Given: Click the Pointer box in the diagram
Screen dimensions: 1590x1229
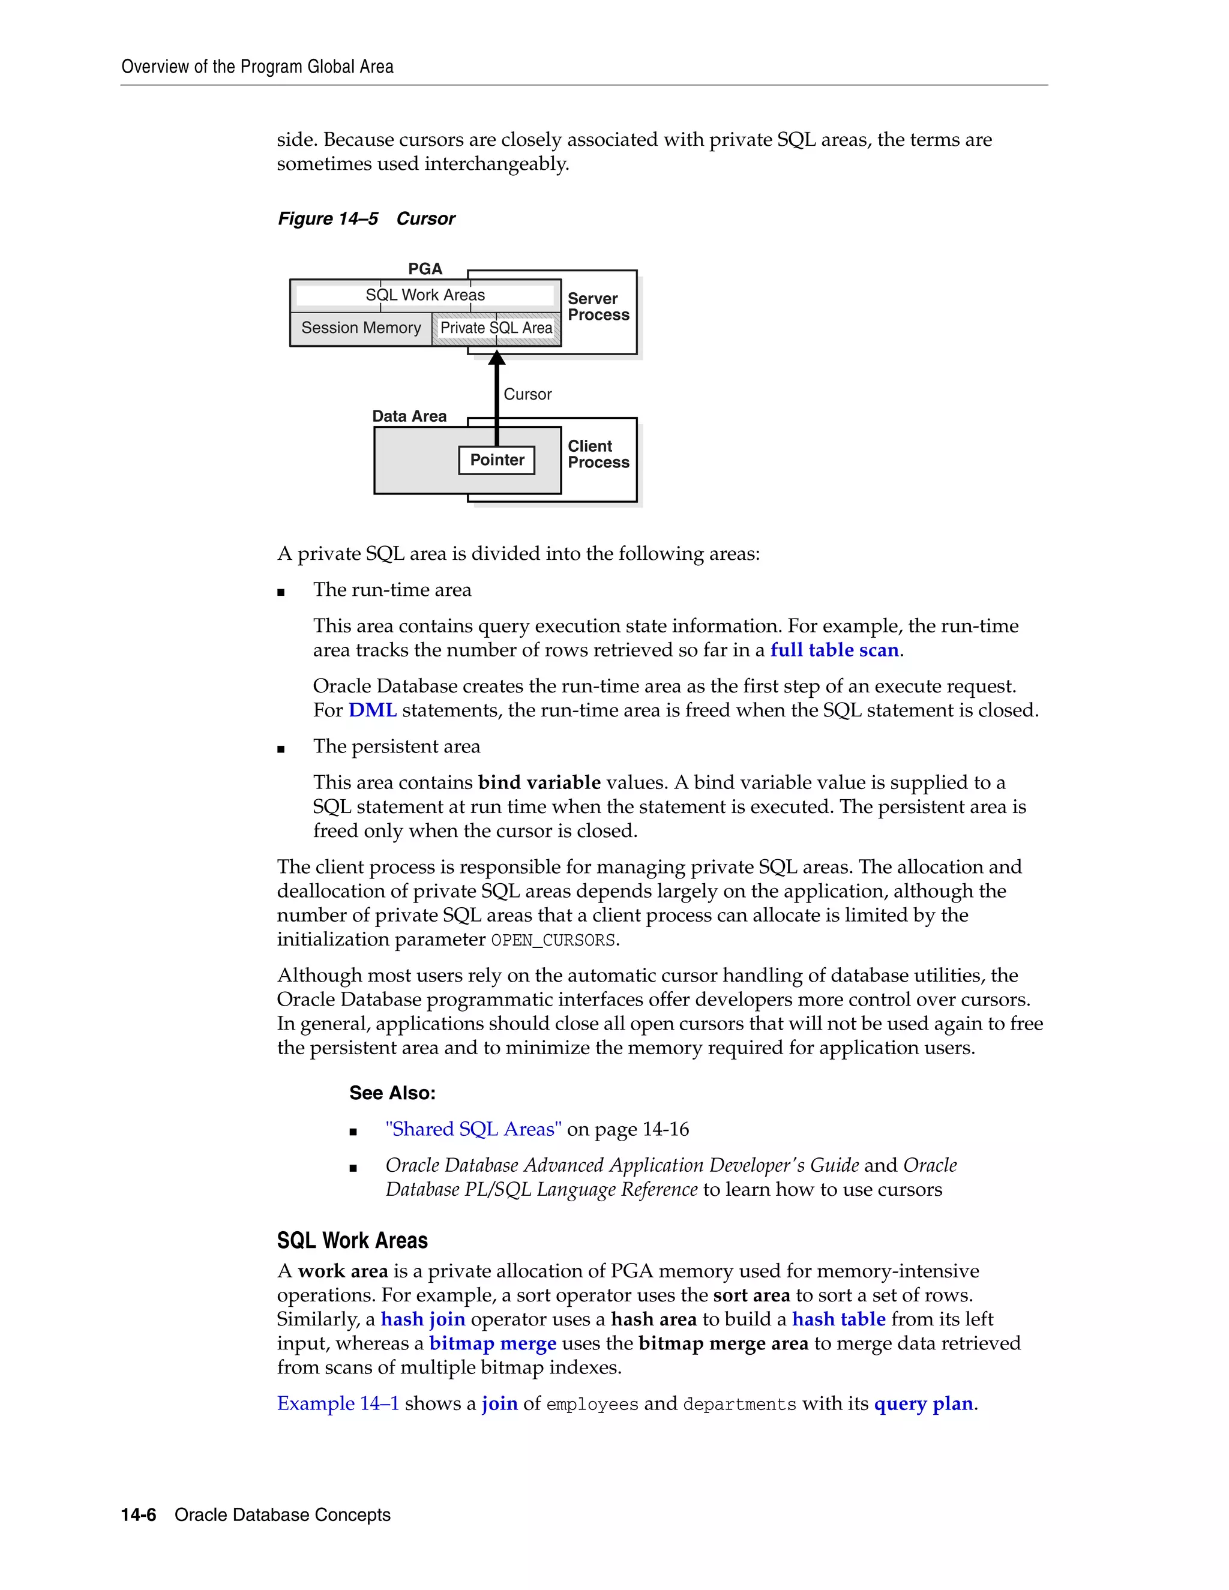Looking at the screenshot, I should click(x=496, y=460).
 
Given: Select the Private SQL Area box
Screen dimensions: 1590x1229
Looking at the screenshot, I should click(x=496, y=328).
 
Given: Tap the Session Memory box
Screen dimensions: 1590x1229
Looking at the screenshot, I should click(x=361, y=328).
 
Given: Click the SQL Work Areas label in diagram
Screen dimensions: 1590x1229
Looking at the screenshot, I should click(x=425, y=295).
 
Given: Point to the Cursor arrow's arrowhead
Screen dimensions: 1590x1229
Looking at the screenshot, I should click(x=496, y=358).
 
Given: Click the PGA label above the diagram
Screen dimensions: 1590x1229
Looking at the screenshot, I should click(x=425, y=269).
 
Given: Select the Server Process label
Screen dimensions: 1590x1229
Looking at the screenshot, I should click(x=598, y=307).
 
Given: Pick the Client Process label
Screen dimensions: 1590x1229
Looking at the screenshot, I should click(x=598, y=454).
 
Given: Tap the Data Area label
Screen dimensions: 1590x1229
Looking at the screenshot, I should click(x=409, y=416).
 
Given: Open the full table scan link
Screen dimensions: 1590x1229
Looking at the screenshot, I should click(x=834, y=650).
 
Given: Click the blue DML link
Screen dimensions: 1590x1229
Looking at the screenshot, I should click(x=372, y=710).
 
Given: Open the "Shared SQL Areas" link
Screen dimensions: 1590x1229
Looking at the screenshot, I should click(x=473, y=1129).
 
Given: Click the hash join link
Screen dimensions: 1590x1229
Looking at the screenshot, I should click(x=423, y=1319).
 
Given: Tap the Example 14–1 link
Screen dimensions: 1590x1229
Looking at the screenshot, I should click(x=338, y=1403).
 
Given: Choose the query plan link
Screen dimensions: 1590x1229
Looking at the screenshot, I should click(x=923, y=1403).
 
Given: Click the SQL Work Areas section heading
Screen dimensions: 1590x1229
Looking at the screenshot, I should click(x=352, y=1241).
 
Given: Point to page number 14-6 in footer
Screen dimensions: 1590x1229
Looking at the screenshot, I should click(x=139, y=1515).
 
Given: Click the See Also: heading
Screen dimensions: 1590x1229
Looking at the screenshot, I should click(x=392, y=1093).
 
